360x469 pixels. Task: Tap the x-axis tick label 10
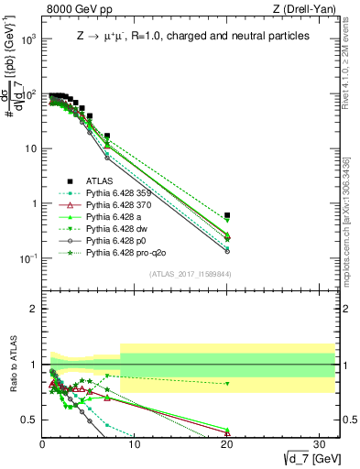[x=134, y=445]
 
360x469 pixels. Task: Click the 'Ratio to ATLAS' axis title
[x=14, y=365]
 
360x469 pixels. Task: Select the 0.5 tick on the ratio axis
[x=30, y=420]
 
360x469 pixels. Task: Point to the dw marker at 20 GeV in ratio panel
[x=227, y=384]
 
